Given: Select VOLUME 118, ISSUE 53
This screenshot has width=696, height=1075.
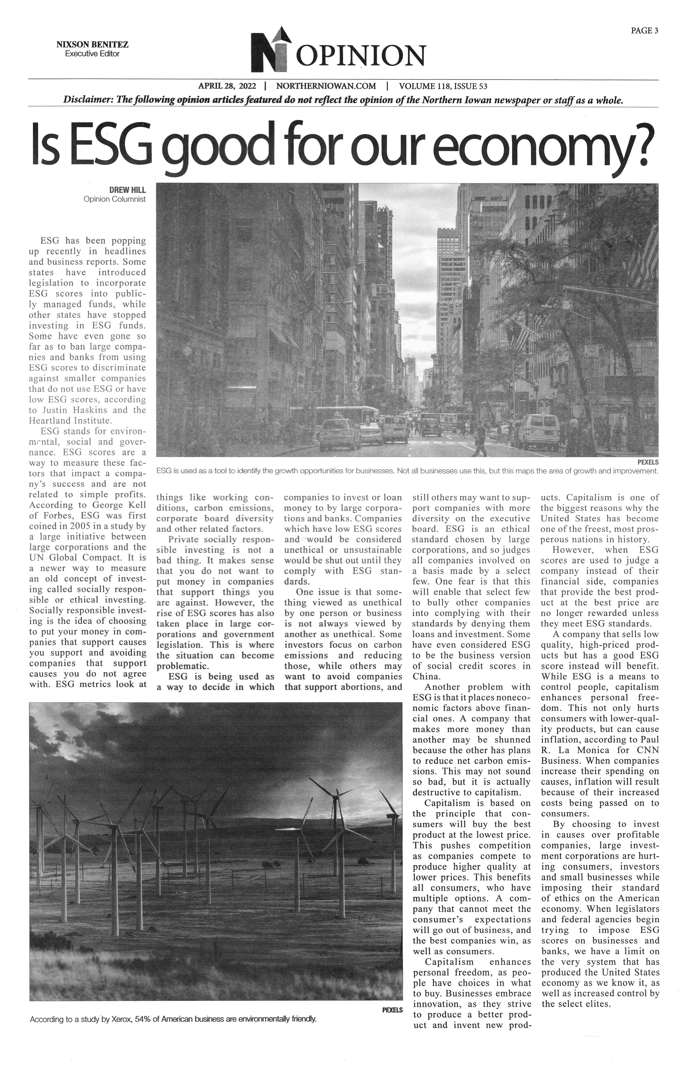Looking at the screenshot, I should coord(443,86).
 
